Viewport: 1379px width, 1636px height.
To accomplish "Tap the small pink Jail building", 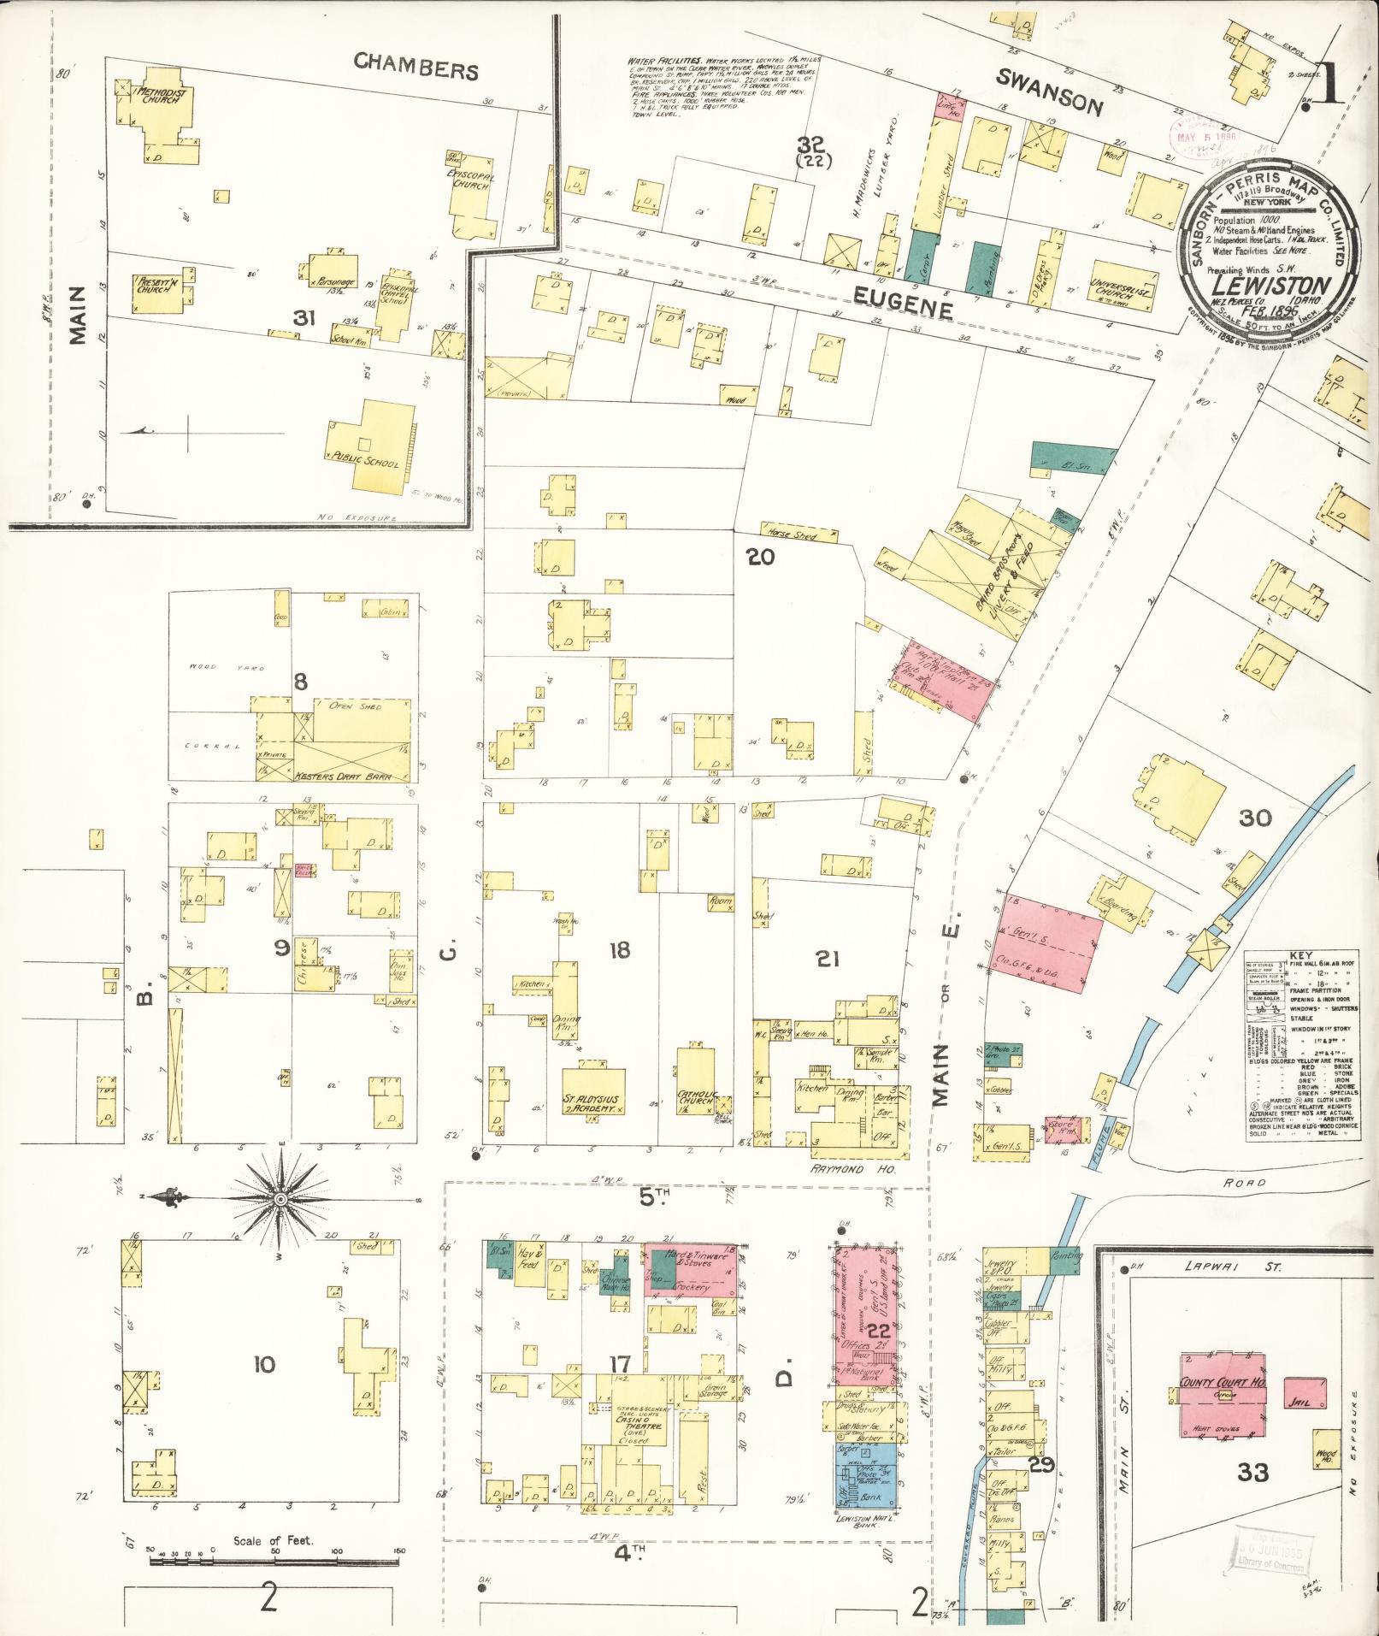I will coord(1305,1393).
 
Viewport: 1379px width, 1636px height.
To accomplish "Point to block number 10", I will coord(263,1365).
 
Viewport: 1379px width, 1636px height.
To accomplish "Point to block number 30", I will coord(1255,819).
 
